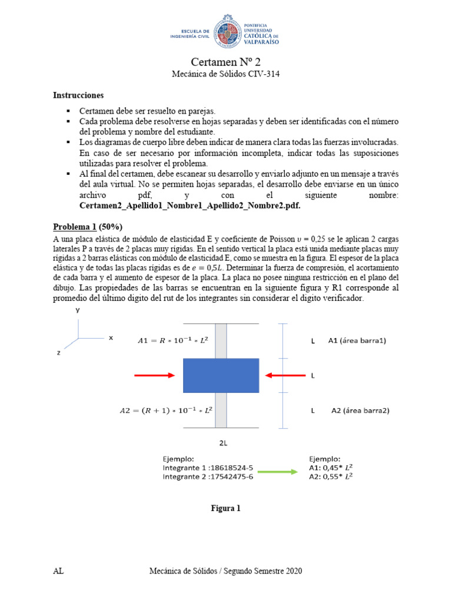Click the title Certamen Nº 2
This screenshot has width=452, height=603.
point(226,62)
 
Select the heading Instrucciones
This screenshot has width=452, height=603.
point(78,95)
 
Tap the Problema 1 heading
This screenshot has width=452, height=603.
point(88,227)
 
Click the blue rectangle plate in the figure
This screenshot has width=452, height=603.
point(221,375)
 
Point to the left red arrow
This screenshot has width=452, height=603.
point(154,375)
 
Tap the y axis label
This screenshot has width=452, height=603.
point(77,309)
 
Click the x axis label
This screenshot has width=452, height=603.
point(110,338)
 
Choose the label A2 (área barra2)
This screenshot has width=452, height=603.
point(360,410)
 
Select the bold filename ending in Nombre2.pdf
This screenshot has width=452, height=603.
point(194,207)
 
